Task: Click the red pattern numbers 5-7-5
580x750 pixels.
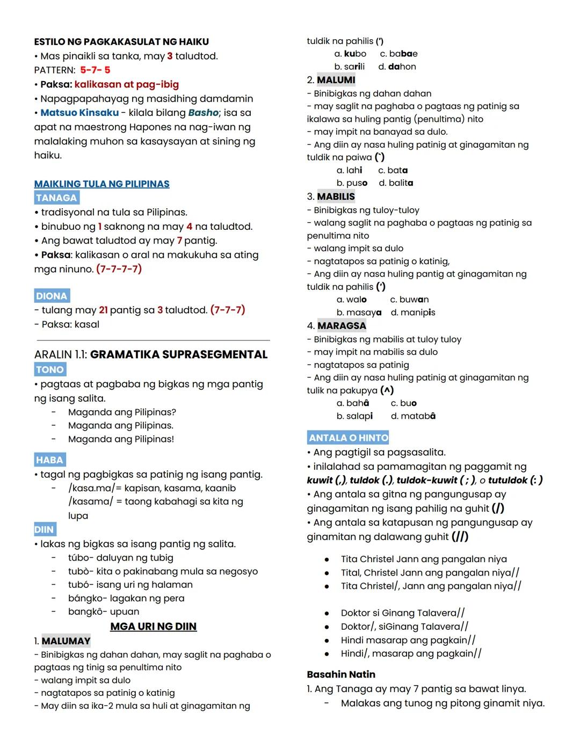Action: tap(95, 70)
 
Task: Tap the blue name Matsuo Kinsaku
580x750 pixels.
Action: tap(79, 113)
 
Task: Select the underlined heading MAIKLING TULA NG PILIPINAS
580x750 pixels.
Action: tap(102, 184)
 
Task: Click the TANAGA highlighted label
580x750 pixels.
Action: tap(56, 198)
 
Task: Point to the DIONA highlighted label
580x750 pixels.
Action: tap(52, 296)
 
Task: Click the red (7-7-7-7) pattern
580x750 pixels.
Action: tap(119, 269)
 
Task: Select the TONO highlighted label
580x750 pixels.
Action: tap(50, 369)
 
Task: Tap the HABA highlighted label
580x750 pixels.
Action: tap(49, 460)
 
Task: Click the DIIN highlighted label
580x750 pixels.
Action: tap(44, 529)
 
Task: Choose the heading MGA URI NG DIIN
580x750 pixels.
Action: tap(153, 626)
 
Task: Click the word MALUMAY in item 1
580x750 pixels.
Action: tap(66, 641)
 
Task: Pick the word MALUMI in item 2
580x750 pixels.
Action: tap(336, 80)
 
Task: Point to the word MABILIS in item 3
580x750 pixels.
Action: tap(336, 196)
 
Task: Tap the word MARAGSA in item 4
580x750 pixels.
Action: tap(342, 326)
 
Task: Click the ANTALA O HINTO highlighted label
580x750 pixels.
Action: tap(348, 438)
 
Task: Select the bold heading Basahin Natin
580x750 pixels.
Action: tap(341, 674)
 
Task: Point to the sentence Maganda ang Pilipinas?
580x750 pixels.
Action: tap(122, 412)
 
